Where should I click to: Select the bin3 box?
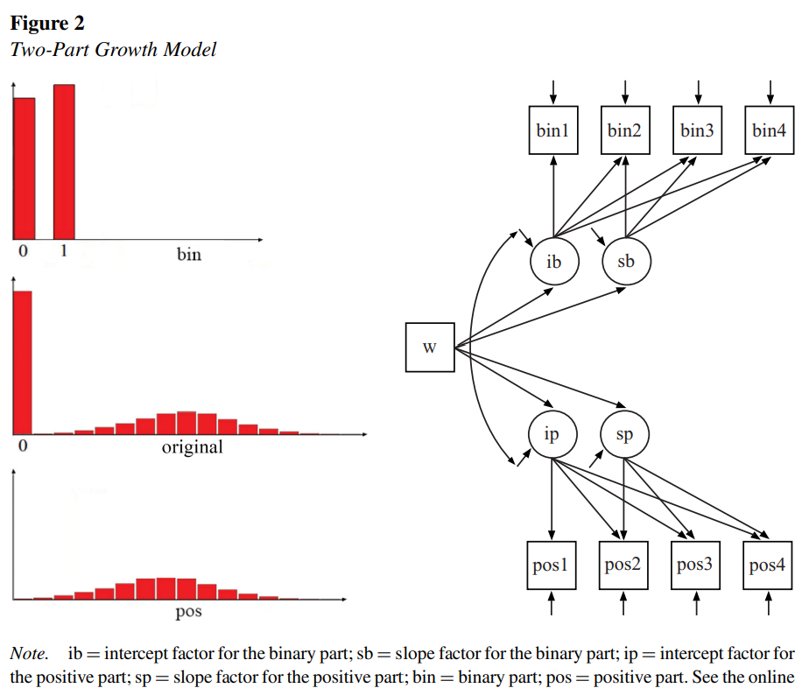coord(697,130)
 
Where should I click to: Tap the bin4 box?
coord(770,130)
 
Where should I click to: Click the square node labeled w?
coord(430,347)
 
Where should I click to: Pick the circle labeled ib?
coord(553,261)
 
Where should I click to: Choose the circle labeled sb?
coord(625,261)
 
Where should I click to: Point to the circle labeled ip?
coord(552,433)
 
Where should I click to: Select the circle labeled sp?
coord(624,434)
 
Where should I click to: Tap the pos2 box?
coord(623,565)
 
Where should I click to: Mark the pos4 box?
coord(767,565)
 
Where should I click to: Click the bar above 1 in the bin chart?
coord(64,161)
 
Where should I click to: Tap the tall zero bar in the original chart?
coord(22,362)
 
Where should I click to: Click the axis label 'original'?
coord(192,447)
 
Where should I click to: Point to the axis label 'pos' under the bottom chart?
coord(188,612)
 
